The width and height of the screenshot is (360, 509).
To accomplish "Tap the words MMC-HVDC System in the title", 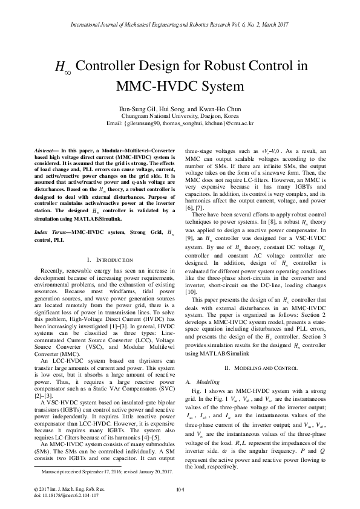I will [x=180, y=86].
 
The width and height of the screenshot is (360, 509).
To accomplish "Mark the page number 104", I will [x=180, y=488].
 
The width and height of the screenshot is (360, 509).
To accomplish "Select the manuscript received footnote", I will [x=97, y=470].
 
